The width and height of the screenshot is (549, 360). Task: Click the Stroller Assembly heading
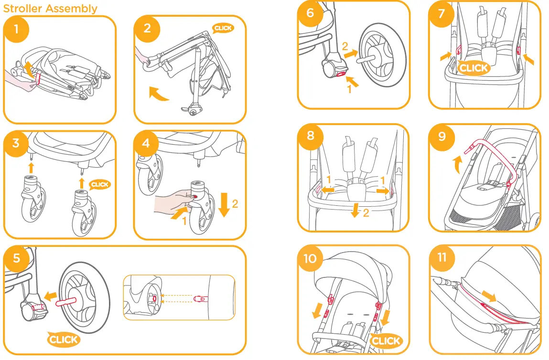coord(50,8)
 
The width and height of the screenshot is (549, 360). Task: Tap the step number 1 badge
coord(16,29)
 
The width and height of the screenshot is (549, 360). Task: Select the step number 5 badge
coord(17,258)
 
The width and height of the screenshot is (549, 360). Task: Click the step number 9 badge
coord(441,137)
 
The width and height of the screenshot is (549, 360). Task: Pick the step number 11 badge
coord(441,257)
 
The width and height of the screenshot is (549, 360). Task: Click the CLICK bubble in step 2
coord(223,28)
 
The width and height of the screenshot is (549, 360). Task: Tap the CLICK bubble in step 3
coord(100,184)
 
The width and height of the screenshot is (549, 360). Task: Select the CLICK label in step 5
coord(64,339)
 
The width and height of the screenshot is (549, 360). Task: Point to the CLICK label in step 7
coord(473,68)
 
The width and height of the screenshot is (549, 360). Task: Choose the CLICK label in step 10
coord(385,340)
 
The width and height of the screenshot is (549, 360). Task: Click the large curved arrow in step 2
coord(158,94)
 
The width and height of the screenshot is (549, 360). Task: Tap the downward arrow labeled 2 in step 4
coord(223,204)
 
